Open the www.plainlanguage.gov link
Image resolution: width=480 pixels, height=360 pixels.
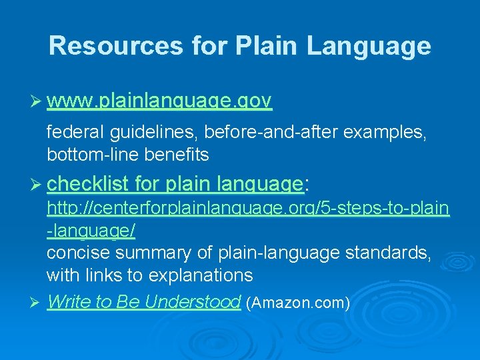pos(159,101)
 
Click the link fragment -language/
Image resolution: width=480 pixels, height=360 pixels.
pos(91,231)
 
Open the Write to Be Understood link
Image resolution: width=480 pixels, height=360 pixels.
pos(143,302)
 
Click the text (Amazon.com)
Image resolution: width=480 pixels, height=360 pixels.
pos(297,303)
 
